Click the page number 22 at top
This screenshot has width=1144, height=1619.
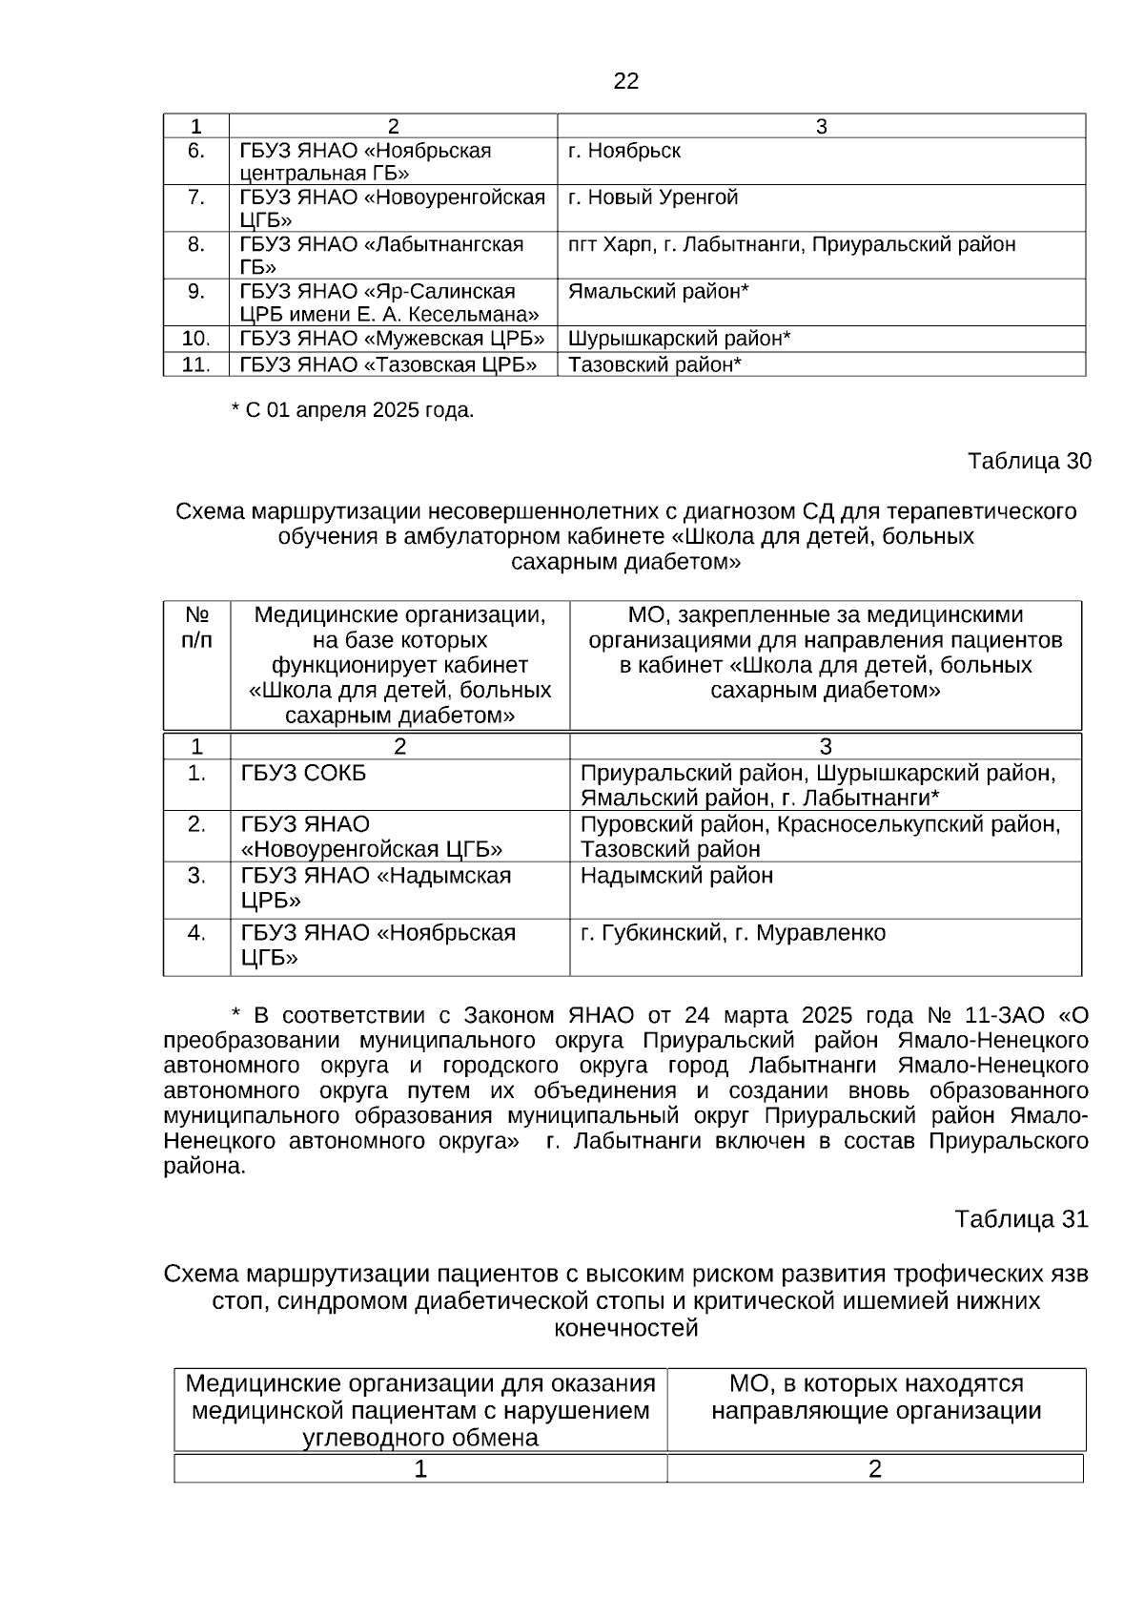625,81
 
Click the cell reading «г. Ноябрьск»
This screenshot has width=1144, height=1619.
624,151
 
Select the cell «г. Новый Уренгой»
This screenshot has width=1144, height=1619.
652,197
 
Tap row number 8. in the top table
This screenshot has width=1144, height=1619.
195,244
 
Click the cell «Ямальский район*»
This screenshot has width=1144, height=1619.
658,291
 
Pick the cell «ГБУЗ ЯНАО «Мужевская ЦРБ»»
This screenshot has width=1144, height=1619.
392,339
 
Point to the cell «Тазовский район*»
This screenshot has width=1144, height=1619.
655,364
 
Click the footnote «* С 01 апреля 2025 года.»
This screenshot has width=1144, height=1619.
353,410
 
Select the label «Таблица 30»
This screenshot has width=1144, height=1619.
1029,462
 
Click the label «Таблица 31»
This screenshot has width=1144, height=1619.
1021,1219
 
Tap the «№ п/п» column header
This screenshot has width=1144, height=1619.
196,628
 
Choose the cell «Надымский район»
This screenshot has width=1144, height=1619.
677,876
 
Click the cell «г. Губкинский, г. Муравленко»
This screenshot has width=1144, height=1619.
732,933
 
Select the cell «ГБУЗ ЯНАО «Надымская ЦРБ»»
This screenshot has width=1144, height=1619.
376,888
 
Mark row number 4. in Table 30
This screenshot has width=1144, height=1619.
196,933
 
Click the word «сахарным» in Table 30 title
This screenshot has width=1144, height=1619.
564,562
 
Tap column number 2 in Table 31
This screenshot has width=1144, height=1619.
874,1469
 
